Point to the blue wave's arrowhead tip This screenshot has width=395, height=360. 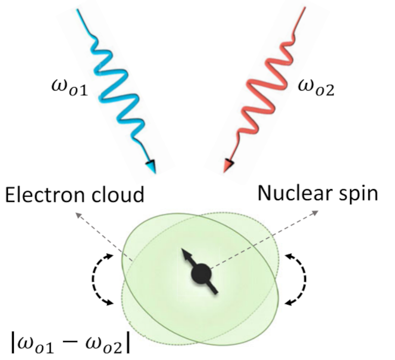(153, 171)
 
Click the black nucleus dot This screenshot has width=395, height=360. (201, 274)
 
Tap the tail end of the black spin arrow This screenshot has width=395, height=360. (216, 292)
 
